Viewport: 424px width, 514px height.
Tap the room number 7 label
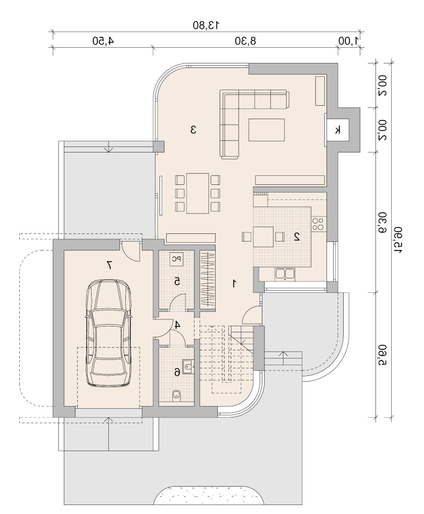coord(109,265)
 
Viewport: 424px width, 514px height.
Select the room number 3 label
coord(193,130)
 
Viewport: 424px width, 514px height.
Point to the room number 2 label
coord(297,237)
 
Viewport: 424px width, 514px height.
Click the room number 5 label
coord(177,281)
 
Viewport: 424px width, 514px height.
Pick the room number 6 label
coord(177,372)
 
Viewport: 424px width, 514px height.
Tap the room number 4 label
coord(177,325)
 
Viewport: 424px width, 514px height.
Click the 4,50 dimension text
coord(103,41)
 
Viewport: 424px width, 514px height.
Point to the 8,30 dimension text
coord(246,41)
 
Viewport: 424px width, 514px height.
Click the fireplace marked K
coord(338,130)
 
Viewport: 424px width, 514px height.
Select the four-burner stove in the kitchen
coord(318,224)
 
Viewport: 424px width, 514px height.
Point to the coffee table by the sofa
coord(266,130)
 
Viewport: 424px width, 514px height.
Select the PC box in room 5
coord(177,259)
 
